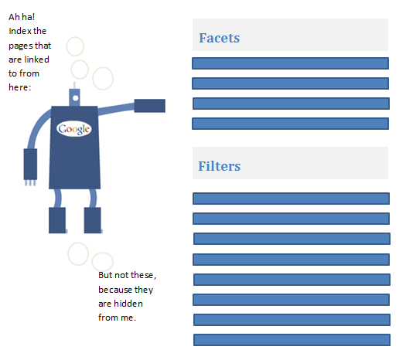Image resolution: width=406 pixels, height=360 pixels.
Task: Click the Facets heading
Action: pos(220,38)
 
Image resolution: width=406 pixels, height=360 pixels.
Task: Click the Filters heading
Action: pos(220,166)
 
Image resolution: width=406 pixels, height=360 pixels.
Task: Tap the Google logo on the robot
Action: pos(74,129)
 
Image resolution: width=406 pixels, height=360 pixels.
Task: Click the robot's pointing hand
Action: pos(150,106)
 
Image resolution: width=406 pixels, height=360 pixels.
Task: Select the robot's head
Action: pos(74,97)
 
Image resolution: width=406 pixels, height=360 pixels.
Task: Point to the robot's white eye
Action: pos(76,98)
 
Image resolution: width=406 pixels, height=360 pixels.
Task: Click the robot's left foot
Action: pos(57,220)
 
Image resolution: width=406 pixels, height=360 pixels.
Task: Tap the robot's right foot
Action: pos(93,220)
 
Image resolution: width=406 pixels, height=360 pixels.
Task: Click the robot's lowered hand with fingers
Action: pos(30,167)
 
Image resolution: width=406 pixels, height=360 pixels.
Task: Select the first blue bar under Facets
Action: pos(290,63)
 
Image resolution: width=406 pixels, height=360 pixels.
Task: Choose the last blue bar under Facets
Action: pos(290,124)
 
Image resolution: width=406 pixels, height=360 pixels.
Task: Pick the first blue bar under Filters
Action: pos(291,199)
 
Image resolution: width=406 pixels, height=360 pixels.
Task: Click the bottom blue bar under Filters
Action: pos(292,340)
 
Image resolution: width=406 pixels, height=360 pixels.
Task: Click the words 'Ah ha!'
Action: pos(22,17)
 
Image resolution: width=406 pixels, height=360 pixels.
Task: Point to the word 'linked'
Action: pos(36,59)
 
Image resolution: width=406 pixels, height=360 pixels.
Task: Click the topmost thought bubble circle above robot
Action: pos(75,46)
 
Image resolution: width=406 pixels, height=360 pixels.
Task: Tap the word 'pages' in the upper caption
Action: pos(21,46)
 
